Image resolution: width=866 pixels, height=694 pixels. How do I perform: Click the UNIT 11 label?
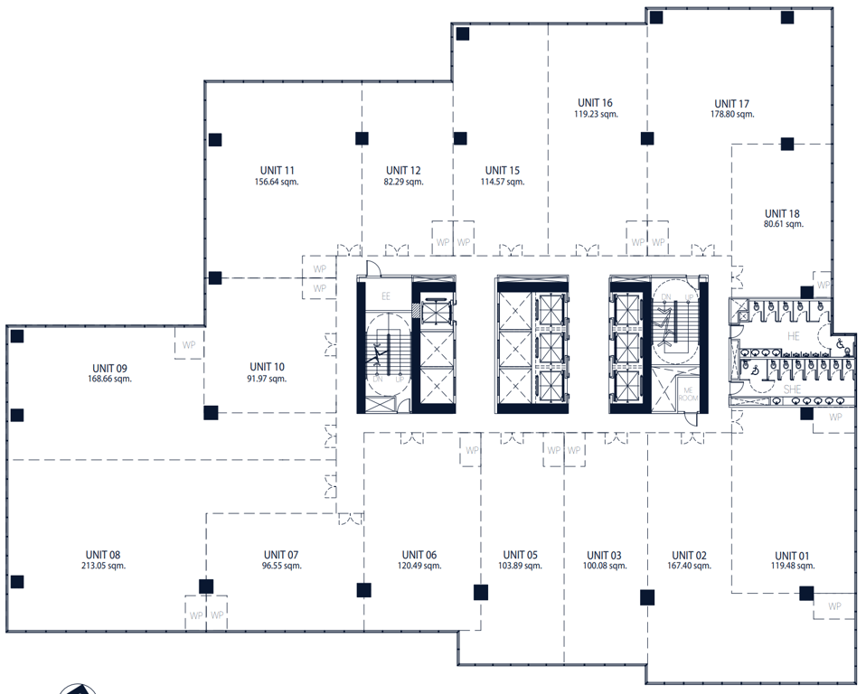pyautogui.click(x=278, y=171)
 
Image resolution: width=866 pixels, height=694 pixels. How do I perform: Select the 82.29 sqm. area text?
pyautogui.click(x=404, y=182)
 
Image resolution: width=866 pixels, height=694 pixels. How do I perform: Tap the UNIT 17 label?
pyautogui.click(x=732, y=104)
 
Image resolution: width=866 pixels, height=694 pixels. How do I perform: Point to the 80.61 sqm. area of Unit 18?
pyautogui.click(x=784, y=224)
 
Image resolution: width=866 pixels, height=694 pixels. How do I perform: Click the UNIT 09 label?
pyautogui.click(x=110, y=369)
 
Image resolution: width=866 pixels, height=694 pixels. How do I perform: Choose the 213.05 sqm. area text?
pyautogui.click(x=103, y=566)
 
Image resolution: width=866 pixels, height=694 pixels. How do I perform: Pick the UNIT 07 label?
pyautogui.click(x=281, y=554)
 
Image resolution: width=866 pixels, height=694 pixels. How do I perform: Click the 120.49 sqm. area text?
pyautogui.click(x=419, y=566)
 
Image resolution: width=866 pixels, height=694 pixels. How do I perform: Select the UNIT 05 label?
pyautogui.click(x=521, y=554)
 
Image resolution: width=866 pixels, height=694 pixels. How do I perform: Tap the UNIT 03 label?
pyautogui.click(x=604, y=555)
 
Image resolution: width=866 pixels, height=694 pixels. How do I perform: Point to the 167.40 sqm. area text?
pyautogui.click(x=689, y=566)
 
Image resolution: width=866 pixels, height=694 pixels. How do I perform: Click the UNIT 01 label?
pyautogui.click(x=793, y=556)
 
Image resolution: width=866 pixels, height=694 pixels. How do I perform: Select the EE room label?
pyautogui.click(x=385, y=296)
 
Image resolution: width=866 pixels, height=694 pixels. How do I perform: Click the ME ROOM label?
pyautogui.click(x=688, y=394)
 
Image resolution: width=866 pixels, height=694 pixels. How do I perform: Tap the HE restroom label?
pyautogui.click(x=794, y=335)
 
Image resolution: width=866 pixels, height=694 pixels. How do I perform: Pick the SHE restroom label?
pyautogui.click(x=793, y=389)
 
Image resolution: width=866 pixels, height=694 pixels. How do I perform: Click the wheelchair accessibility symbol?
pyautogui.click(x=840, y=343)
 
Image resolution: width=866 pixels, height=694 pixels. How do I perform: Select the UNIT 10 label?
pyautogui.click(x=268, y=367)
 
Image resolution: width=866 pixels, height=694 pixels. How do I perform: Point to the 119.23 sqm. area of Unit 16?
pyautogui.click(x=596, y=114)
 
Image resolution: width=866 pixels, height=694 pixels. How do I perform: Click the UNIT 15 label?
pyautogui.click(x=503, y=171)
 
